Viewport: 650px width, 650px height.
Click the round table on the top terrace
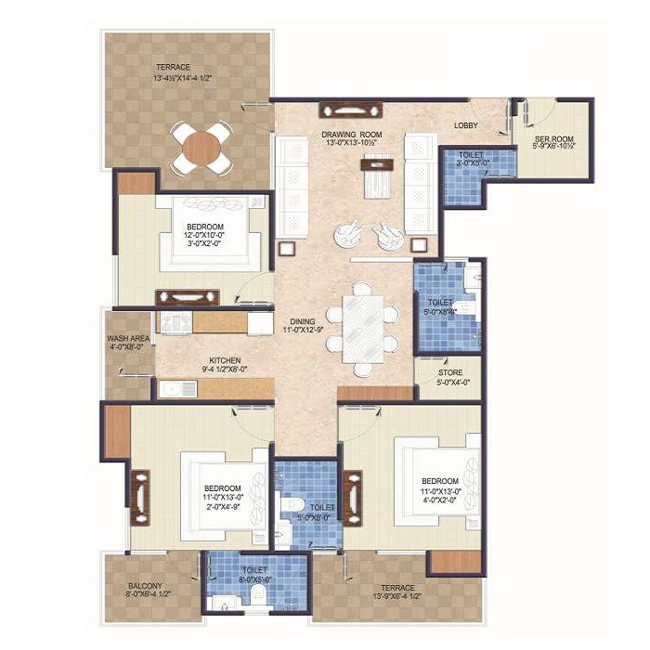coord(201,148)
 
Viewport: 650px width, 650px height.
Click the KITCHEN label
coord(225,360)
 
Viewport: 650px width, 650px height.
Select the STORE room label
coord(449,374)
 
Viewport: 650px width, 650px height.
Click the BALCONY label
coord(146,587)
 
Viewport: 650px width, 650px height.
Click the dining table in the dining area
coord(362,327)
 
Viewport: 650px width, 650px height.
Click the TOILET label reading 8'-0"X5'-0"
coord(253,570)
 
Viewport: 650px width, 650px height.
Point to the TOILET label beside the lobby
coord(472,156)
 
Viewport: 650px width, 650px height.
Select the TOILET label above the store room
coord(441,303)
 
